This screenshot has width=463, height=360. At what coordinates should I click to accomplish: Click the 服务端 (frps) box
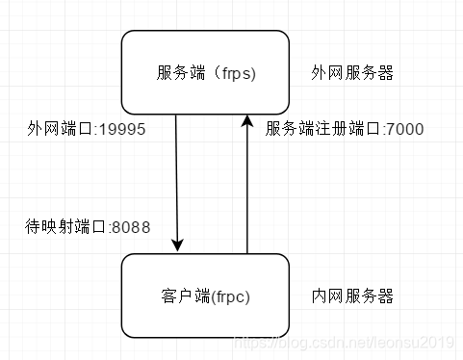205,72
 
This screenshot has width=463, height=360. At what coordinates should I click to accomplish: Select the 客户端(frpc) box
205,296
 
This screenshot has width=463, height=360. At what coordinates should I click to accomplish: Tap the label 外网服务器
352,73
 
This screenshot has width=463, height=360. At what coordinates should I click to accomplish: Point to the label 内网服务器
352,296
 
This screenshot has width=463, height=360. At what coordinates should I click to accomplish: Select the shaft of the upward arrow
247,193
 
